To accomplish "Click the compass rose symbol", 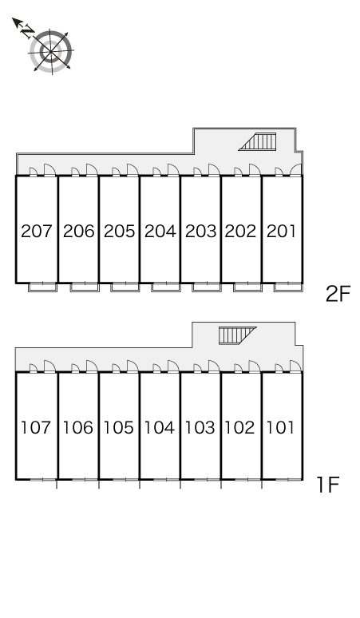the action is click(51, 51).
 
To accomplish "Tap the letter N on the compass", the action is click(27, 31).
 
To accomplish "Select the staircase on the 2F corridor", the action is click(257, 141).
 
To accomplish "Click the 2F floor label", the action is click(338, 294).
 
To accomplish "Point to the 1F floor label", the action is click(328, 485).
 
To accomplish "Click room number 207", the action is click(36, 231).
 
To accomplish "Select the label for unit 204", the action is click(160, 231).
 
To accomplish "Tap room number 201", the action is click(281, 231).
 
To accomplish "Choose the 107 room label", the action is click(35, 427).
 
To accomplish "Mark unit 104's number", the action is click(159, 427).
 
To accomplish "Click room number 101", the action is click(280, 427).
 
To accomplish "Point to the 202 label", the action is click(240, 231).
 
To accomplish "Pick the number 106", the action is click(78, 427).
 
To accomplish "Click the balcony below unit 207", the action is click(42, 287).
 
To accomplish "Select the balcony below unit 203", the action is click(207, 287).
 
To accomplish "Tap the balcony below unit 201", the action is click(288, 287).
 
